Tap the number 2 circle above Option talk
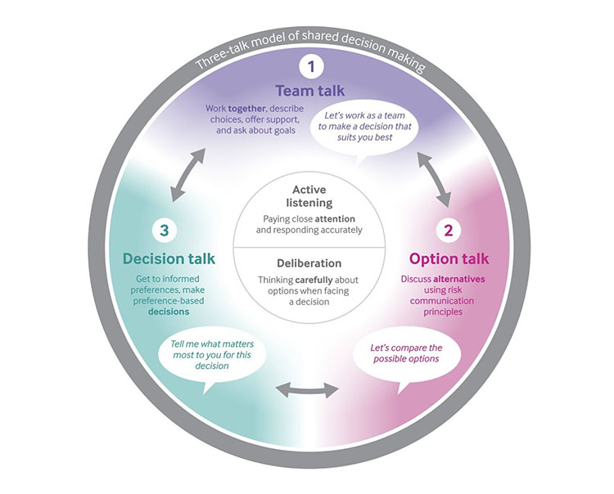point(448,230)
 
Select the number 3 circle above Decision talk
point(165,231)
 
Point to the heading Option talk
point(448,258)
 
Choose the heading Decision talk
point(169,258)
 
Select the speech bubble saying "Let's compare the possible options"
point(406,355)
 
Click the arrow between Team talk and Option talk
point(434,181)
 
